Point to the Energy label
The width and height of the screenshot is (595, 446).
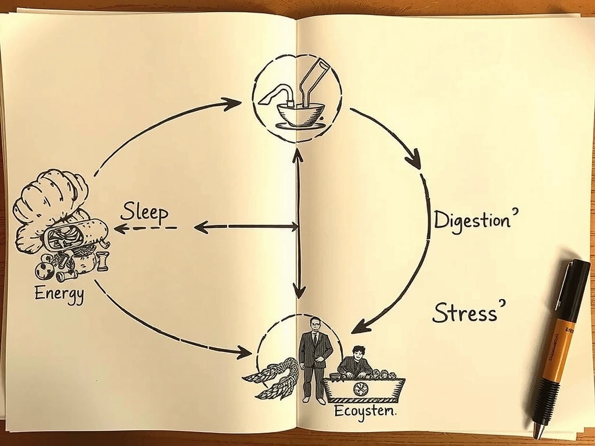point(59,293)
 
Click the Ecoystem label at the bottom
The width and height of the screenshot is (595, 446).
point(365,413)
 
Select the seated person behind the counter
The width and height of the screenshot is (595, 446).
point(355,363)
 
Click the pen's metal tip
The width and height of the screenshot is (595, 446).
point(539,432)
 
